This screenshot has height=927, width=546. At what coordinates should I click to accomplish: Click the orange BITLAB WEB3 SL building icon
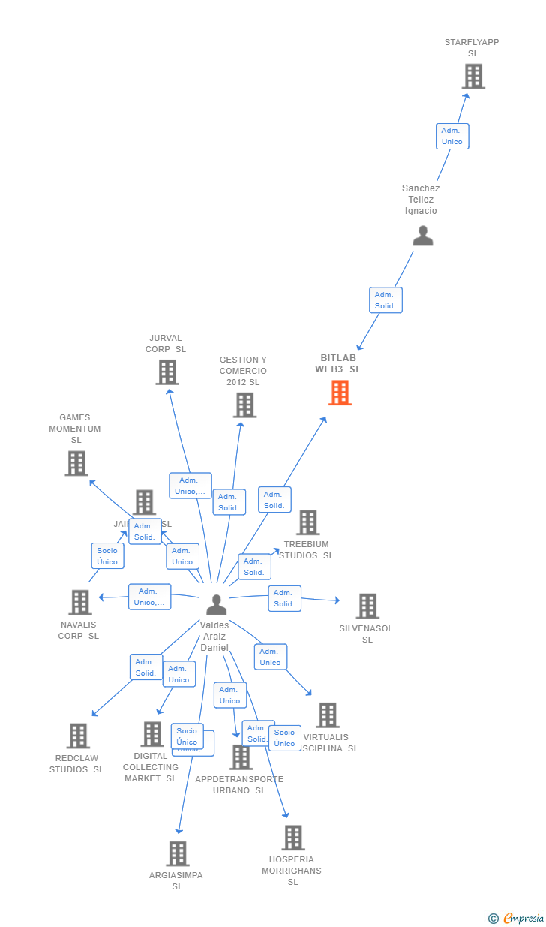click(x=340, y=393)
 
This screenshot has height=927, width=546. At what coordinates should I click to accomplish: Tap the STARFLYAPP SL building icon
click(x=473, y=77)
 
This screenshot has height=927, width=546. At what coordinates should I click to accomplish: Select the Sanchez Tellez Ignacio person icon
click(x=423, y=236)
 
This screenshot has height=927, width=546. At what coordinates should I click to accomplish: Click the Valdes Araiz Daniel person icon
click(x=216, y=604)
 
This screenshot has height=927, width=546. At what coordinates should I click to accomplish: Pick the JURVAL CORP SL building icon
click(x=167, y=372)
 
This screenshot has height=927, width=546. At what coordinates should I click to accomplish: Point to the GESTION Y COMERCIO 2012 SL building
click(x=244, y=405)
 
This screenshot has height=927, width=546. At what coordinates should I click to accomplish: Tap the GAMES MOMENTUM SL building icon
click(x=76, y=464)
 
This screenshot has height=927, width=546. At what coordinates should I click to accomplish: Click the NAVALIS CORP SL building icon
click(x=80, y=602)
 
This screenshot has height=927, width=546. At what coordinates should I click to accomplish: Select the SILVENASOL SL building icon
click(x=367, y=606)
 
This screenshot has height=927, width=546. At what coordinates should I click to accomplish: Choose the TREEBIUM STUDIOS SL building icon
click(x=307, y=522)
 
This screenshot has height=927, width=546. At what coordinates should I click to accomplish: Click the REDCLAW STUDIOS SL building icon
click(x=78, y=736)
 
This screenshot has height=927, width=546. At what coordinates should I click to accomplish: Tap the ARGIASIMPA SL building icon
click(x=178, y=853)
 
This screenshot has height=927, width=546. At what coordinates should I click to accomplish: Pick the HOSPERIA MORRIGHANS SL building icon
click(x=293, y=838)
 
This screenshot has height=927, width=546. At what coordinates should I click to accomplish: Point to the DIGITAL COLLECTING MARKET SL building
click(x=152, y=734)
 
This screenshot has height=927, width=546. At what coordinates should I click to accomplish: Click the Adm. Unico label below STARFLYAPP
click(x=452, y=136)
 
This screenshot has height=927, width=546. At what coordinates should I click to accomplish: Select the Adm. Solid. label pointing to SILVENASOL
click(x=284, y=598)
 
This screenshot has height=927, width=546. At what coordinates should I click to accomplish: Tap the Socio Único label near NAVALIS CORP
click(x=107, y=556)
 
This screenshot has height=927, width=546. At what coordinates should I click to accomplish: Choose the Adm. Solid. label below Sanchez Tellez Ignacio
click(x=385, y=300)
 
